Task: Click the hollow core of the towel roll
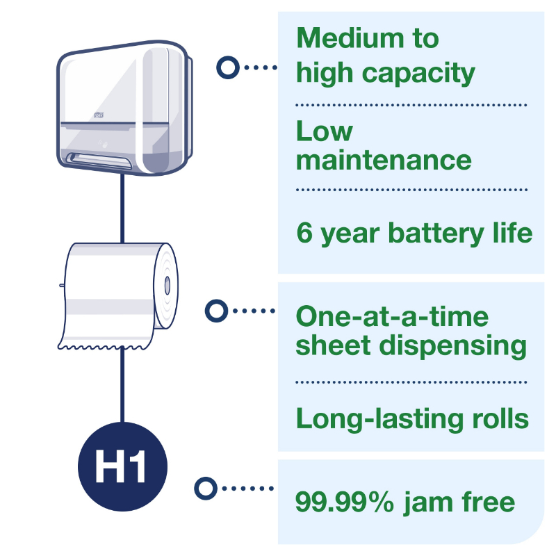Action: [167, 285]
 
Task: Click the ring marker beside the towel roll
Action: [218, 311]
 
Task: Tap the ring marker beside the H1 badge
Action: [205, 489]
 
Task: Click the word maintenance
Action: [384, 160]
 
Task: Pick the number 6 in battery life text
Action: [304, 232]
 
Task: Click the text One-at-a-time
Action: [392, 317]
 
